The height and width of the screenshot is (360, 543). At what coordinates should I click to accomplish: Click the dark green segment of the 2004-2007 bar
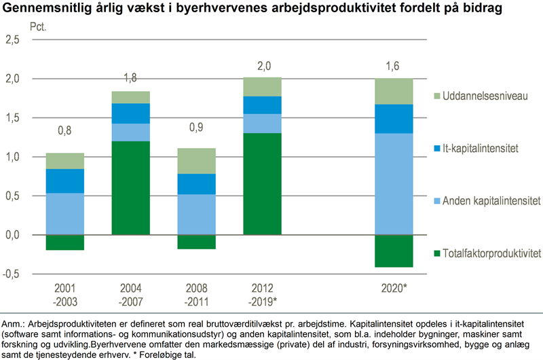(x=130, y=188)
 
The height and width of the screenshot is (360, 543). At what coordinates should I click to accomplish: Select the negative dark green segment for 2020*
(x=394, y=251)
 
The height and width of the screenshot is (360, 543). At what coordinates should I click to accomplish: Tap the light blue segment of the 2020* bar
(x=394, y=184)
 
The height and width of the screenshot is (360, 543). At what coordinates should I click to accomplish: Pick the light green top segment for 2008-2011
(x=198, y=161)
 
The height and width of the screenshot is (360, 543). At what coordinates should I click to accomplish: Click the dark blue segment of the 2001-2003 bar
(x=66, y=181)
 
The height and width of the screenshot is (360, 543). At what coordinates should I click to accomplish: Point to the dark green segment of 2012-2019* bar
(x=263, y=184)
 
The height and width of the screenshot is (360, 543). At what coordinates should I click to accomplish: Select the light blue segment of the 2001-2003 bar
(x=66, y=214)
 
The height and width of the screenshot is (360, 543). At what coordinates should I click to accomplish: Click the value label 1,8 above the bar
(x=130, y=78)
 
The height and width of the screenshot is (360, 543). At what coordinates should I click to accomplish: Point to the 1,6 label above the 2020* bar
(x=394, y=65)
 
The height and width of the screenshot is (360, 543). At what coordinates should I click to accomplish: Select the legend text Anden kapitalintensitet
(x=491, y=201)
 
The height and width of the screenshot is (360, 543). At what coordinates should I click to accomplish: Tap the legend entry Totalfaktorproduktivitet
(x=491, y=253)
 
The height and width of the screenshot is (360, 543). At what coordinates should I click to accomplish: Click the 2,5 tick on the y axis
(x=13, y=39)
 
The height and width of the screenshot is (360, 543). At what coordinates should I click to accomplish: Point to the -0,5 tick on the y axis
(x=12, y=274)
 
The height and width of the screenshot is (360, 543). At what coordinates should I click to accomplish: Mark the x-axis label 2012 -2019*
(x=263, y=293)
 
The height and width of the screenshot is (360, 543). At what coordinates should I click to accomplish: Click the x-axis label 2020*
(x=394, y=288)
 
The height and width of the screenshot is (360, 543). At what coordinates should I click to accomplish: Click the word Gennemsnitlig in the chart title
(x=40, y=9)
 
